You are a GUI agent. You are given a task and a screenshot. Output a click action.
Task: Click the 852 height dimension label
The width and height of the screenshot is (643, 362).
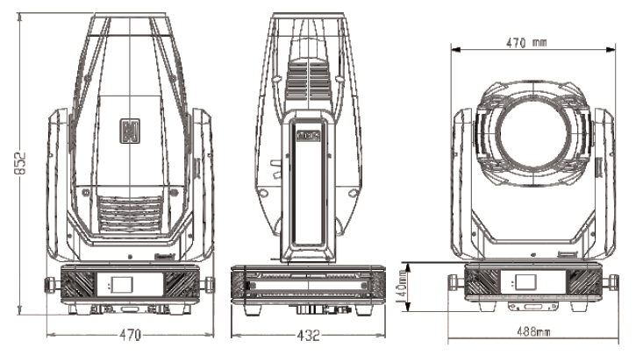tap(20, 163)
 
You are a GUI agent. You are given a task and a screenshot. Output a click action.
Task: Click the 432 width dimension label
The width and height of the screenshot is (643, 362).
tap(308, 336)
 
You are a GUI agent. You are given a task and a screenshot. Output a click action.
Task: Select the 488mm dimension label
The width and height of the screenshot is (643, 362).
tap(533, 331)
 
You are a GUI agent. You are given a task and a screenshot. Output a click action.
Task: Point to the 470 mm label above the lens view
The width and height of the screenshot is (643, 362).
tap(526, 43)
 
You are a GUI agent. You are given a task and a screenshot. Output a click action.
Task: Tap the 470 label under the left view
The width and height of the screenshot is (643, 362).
tap(131, 335)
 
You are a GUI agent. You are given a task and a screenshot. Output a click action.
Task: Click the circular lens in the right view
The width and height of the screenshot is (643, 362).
tap(532, 133)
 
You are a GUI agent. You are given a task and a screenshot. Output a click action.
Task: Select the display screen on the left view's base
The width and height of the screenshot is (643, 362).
tap(122, 284)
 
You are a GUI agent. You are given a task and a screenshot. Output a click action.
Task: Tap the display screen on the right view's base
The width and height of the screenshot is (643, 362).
tap(525, 282)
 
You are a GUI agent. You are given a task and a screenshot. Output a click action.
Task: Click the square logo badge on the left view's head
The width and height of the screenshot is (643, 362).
tap(130, 131)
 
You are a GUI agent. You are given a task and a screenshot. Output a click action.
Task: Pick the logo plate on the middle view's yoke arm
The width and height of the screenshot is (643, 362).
tap(309, 136)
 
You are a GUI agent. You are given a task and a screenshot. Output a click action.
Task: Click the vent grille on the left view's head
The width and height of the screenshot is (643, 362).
tap(130, 213)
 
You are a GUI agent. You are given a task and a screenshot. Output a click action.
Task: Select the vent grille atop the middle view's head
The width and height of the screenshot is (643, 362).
tap(309, 79)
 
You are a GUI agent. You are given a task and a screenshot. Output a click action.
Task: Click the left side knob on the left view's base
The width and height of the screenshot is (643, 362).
tap(51, 285)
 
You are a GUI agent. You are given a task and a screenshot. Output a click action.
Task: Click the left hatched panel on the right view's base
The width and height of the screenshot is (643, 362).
tap(482, 281)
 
